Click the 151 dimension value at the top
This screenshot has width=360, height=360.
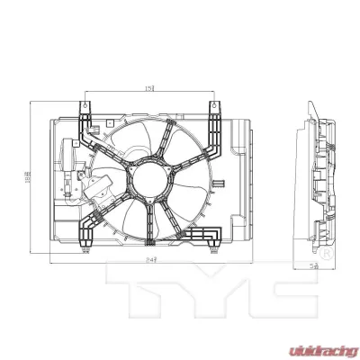pyautogui.click(x=148, y=86)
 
